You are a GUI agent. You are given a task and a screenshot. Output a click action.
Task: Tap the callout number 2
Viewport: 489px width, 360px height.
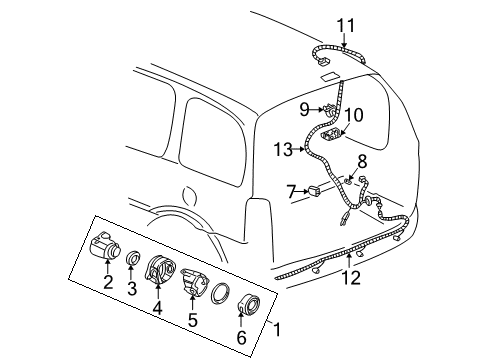(x=106, y=283)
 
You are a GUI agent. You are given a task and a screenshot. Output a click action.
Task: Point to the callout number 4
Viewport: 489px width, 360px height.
(x=158, y=308)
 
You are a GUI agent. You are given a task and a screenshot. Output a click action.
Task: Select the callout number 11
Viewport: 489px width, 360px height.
(x=345, y=24)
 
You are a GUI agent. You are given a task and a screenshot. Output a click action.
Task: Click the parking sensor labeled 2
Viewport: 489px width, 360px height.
(x=102, y=248)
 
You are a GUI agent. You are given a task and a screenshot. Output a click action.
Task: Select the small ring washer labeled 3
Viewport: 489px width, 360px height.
(x=132, y=260)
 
